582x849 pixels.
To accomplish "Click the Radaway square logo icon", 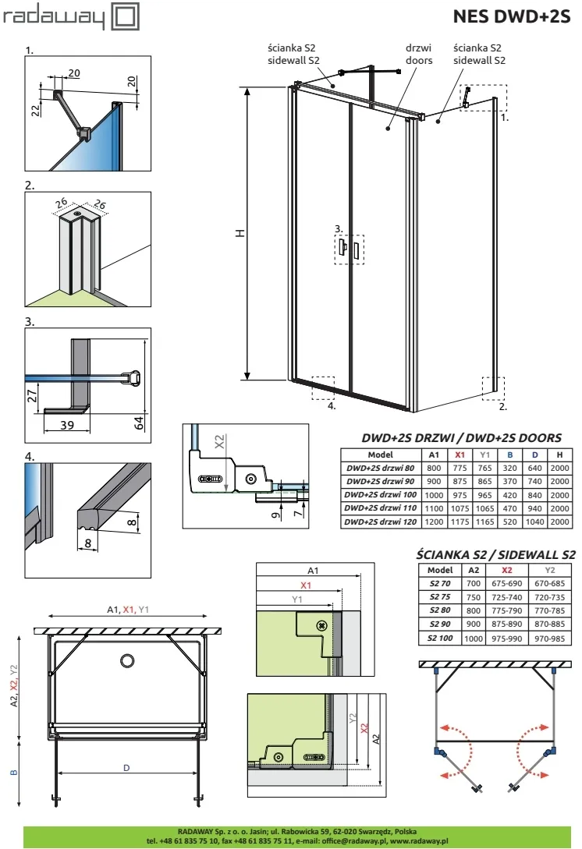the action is click(x=125, y=16).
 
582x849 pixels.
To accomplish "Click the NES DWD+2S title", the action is click(x=512, y=17).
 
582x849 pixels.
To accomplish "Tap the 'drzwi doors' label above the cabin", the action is click(x=419, y=54).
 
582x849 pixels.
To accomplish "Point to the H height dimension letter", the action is click(x=240, y=233).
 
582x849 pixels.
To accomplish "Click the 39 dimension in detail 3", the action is click(x=67, y=425).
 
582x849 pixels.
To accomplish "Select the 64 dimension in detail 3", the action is click(x=140, y=423).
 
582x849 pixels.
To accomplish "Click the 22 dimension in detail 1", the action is click(x=36, y=110).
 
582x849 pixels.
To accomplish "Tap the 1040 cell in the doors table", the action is click(x=535, y=522).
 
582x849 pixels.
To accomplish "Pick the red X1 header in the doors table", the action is click(x=460, y=455).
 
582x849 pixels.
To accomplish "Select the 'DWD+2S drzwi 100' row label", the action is click(x=381, y=494).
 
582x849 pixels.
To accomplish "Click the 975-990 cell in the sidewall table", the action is click(x=506, y=639).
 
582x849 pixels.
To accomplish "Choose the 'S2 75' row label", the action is click(x=440, y=596).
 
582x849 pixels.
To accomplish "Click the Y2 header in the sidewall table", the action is click(x=550, y=570).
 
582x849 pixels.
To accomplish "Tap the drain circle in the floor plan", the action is click(x=128, y=660).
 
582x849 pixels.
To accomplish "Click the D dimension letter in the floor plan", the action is click(x=126, y=768).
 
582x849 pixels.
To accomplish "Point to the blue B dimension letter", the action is click(x=14, y=773).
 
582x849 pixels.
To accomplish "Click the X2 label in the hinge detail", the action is click(x=219, y=442).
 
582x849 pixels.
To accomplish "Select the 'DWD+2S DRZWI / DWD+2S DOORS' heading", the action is click(x=462, y=437).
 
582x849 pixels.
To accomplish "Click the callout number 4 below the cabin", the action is click(x=332, y=405).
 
